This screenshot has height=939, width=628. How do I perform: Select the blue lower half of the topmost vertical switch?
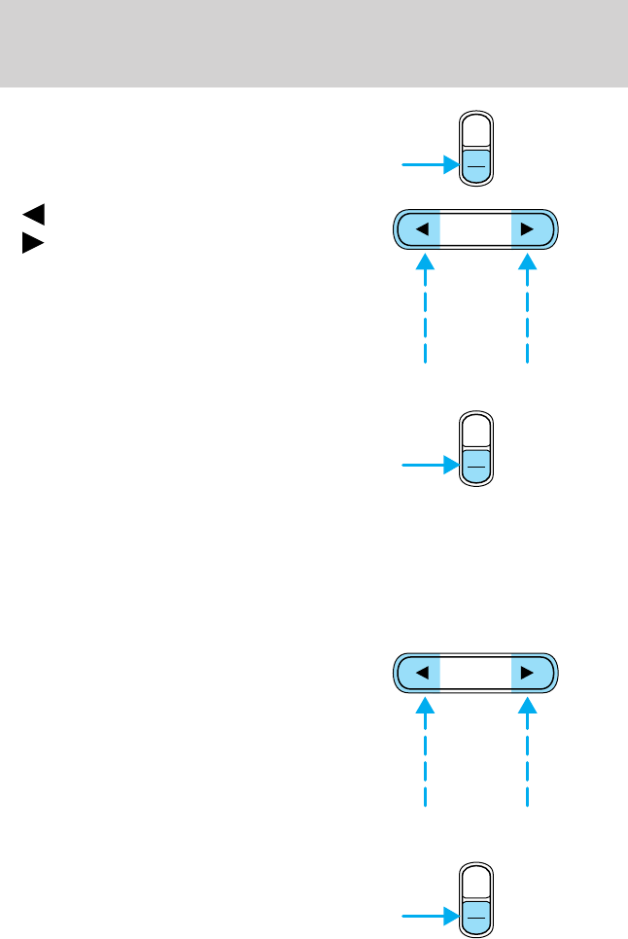pyautogui.click(x=476, y=165)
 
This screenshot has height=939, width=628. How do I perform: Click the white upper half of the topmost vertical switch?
pyautogui.click(x=476, y=133)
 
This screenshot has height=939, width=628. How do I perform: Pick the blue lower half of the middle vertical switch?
pyautogui.click(x=476, y=466)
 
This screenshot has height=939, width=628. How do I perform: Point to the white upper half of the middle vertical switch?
pyautogui.click(x=476, y=433)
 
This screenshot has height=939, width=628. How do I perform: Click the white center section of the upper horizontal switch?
pyautogui.click(x=475, y=230)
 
